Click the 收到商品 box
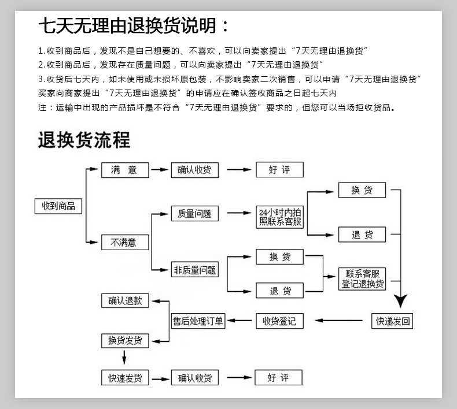click(58, 206)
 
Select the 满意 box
click(124, 170)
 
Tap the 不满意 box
click(124, 243)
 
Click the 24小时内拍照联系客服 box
click(281, 217)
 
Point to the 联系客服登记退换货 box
click(362, 279)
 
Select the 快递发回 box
click(392, 321)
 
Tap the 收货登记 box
click(279, 321)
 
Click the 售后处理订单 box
click(198, 321)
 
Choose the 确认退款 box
click(124, 300)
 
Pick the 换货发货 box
click(124, 340)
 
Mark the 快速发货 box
click(124, 378)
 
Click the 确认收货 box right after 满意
click(194, 170)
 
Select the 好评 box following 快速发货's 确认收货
click(279, 378)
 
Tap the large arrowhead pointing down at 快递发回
click(401, 301)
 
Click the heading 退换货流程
click(84, 140)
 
